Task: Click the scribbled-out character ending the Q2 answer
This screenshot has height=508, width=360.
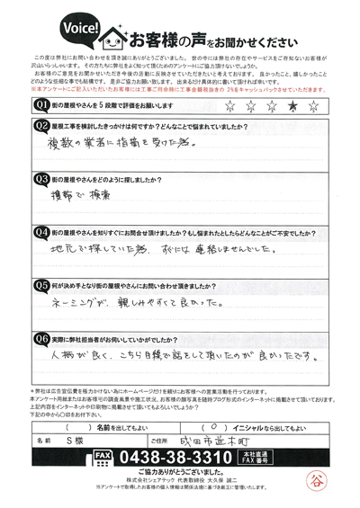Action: [x=212, y=144]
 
